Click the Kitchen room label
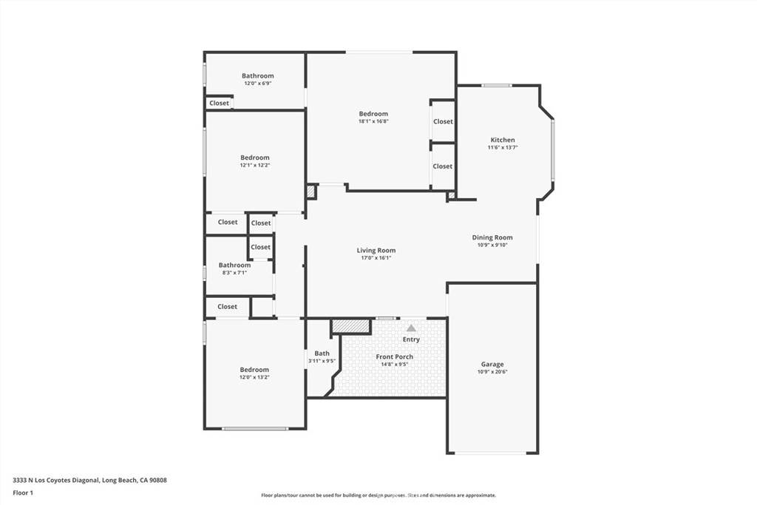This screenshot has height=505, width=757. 503,140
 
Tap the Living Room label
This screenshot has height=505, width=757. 376,250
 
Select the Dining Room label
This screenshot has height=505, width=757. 492,237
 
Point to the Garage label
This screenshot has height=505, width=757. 492,365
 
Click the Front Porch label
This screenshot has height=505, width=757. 395,357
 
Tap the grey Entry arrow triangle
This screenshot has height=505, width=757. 411,328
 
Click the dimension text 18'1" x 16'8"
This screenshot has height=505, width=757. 373,122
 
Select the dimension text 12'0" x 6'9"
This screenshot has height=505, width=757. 258,83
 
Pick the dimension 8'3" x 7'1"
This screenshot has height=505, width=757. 234,273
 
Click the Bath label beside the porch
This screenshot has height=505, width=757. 322,353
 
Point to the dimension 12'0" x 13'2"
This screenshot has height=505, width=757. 254,378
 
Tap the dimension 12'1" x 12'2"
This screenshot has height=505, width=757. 255,165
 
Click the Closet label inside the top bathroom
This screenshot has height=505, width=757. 219,103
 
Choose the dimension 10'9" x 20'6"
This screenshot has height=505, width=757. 492,372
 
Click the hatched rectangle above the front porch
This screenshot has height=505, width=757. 351,326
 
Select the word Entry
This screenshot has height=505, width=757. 411,339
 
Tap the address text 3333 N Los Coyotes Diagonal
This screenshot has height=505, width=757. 56,481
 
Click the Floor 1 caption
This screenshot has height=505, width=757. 23,493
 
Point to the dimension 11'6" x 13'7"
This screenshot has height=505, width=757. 503,148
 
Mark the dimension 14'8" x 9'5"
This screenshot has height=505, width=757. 395,365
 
